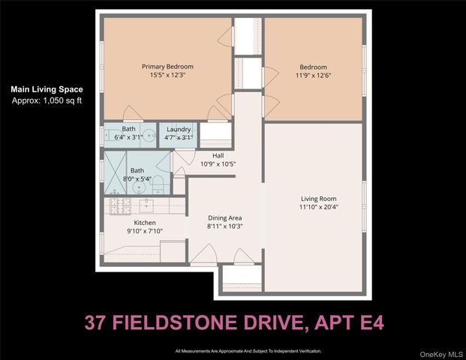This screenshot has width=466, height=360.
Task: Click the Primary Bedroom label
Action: click(x=163, y=67)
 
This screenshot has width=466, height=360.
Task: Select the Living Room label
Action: click(x=312, y=199)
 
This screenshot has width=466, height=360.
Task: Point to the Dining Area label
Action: click(x=224, y=218)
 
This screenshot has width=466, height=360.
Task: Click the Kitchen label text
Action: click(x=144, y=223)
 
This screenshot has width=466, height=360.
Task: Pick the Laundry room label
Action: click(x=179, y=129)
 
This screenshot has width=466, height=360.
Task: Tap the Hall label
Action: click(x=218, y=156)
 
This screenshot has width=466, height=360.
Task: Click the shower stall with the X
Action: click(x=115, y=173)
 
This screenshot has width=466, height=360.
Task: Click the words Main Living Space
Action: click(x=47, y=89)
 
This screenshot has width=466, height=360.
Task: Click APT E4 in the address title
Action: click(x=346, y=323)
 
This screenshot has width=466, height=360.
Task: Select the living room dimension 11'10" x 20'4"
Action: click(x=312, y=207)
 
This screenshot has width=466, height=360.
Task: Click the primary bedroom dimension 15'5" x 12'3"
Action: click(x=163, y=75)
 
